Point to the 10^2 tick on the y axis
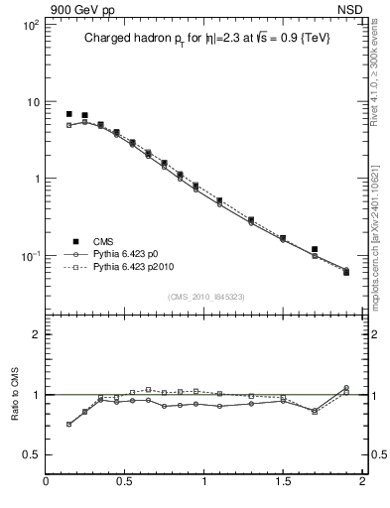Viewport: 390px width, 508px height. point(30,25)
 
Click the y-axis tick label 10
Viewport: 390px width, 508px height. point(32,102)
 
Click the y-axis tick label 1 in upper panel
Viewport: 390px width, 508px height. point(35,180)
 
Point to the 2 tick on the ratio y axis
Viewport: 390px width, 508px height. point(35,334)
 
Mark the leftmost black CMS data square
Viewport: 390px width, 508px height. point(68,114)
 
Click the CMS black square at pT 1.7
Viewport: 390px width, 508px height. point(315,249)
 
